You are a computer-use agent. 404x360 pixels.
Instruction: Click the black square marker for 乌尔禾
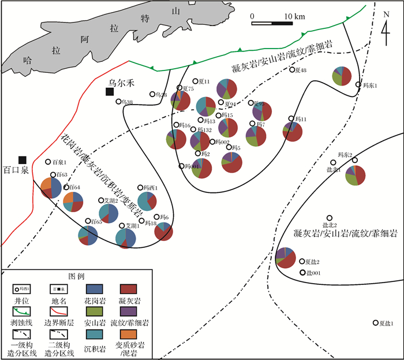(109, 91)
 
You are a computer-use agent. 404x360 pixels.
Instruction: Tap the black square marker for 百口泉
(22, 159)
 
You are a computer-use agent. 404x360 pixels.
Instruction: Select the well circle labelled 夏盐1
(376, 323)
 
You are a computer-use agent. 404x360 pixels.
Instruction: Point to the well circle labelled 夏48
(292, 70)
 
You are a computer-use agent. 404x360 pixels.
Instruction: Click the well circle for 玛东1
(358, 85)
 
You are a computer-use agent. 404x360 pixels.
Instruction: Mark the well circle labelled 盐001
(302, 272)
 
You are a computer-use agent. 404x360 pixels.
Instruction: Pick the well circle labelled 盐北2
(330, 217)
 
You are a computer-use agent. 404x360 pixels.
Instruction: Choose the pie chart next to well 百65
(91, 236)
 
